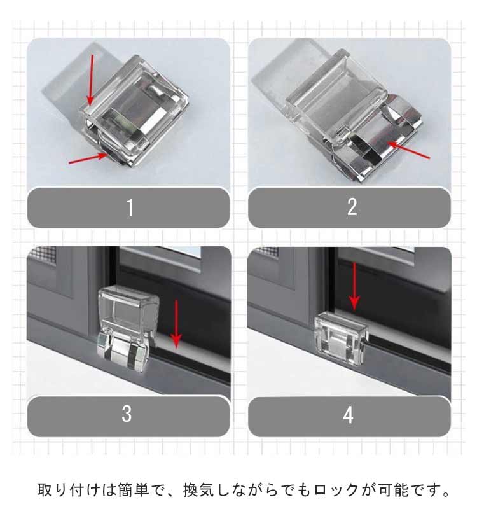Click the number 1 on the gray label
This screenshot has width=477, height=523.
point(130,207)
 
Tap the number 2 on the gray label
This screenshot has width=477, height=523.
point(352,207)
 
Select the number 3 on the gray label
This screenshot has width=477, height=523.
point(127,414)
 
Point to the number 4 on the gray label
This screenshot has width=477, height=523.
point(349,415)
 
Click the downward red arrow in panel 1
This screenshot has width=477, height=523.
point(90,80)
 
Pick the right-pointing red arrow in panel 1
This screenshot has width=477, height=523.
point(88,158)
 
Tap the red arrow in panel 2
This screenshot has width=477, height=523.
point(409,150)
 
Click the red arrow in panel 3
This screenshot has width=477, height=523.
point(176,324)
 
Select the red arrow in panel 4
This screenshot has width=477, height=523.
point(354,286)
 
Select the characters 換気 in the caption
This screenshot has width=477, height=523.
point(198,490)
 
